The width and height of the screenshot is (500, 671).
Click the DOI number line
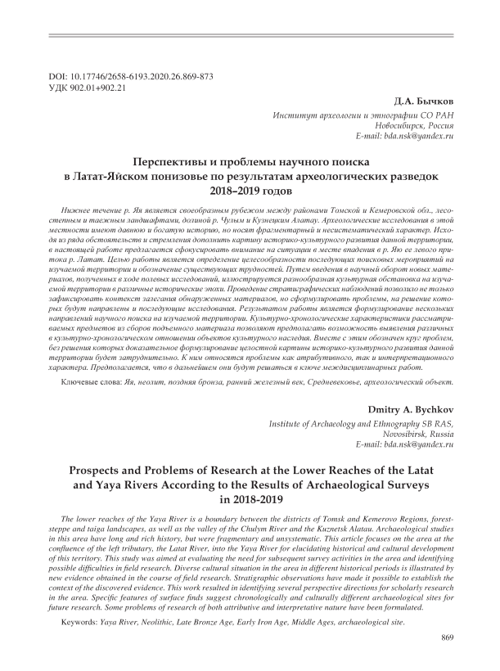pyautogui.click(x=131, y=76)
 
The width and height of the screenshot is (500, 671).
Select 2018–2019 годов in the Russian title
pyautogui.click(x=250, y=191)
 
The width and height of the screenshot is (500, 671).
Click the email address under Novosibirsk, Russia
pyautogui.click(x=404, y=444)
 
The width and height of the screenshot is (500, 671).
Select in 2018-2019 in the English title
pyautogui.click(x=250, y=500)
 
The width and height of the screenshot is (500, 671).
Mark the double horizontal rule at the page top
pyautogui.click(x=250, y=36)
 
